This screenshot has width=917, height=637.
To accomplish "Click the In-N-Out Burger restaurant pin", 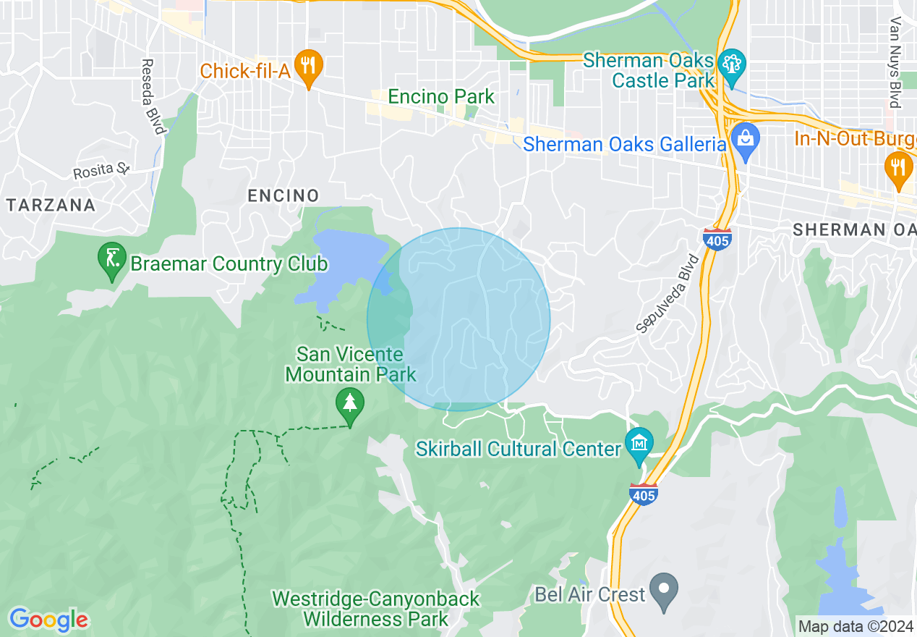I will [x=897, y=167].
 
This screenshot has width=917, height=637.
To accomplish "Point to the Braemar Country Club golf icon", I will [x=113, y=260].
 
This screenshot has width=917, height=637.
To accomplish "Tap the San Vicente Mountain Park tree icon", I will [x=350, y=403].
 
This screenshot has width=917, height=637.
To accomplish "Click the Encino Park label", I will [x=441, y=96].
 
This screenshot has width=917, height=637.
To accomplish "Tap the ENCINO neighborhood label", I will [x=283, y=195].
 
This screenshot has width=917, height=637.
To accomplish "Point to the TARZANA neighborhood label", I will [x=51, y=205].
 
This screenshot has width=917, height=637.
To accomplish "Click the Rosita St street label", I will [x=101, y=172].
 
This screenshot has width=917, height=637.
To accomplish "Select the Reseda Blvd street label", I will [x=153, y=97].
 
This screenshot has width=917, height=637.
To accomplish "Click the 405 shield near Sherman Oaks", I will [x=717, y=239].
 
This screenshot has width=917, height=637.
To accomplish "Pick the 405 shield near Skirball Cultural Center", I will [x=644, y=494].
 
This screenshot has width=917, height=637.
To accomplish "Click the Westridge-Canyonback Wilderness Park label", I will [x=375, y=609].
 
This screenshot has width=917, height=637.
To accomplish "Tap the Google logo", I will [x=48, y=620].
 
